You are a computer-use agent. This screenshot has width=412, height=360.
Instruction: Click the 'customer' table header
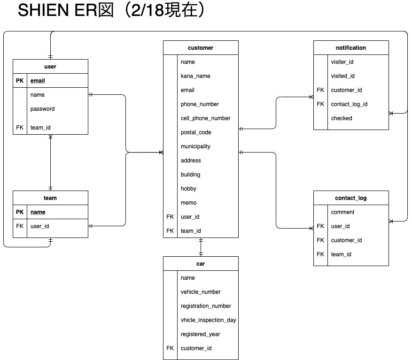pos(201,48)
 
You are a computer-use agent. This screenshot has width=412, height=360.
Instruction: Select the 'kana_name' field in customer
pos(195,76)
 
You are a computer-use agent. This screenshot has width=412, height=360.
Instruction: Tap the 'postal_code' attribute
pos(196,132)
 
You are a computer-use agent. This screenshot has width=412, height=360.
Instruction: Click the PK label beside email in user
pos(20,81)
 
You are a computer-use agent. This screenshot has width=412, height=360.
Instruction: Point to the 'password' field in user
pos(43,109)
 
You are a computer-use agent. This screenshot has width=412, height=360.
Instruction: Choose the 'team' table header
pos(50,198)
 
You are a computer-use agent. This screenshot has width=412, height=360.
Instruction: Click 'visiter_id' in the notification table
pos(342,62)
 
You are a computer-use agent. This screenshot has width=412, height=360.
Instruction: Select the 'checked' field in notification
pos(342,118)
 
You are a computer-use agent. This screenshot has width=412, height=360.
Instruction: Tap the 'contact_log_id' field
pos(349,104)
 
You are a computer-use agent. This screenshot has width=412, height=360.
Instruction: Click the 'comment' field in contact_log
pos(343,212)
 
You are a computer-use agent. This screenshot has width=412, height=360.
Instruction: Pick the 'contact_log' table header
pos(351,198)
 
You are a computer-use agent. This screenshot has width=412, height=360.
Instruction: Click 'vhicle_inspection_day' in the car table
pos(208,320)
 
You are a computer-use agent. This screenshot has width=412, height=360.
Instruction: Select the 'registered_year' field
pos(201,334)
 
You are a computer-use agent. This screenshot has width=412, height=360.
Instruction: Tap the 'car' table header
pos(201,264)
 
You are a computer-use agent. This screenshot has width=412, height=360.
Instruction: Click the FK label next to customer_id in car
pos(170,348)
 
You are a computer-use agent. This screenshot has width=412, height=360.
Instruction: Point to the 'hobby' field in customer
pos(188,189)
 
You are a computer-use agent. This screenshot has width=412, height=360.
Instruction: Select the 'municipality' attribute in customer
pos(195,146)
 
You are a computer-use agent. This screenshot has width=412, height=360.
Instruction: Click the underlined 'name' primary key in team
pos(38,212)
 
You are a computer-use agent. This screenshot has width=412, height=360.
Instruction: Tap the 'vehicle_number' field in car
pos(201,292)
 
